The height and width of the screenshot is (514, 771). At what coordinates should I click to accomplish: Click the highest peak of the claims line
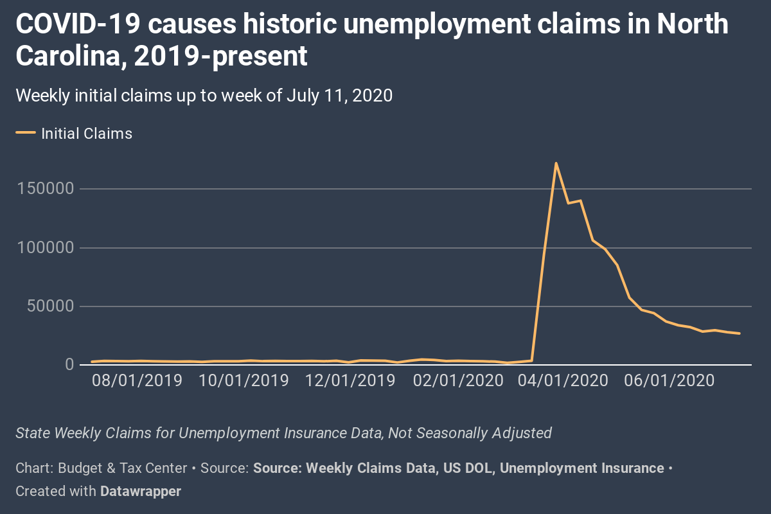556,163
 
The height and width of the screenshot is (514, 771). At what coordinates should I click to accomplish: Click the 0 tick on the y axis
69,365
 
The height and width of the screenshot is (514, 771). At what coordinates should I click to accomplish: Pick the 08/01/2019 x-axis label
137,380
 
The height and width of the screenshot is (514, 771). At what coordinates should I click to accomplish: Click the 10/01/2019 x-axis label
244,380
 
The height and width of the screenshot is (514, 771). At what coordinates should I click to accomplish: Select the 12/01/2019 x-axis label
350,380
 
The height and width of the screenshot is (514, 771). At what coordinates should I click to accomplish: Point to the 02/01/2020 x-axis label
458,380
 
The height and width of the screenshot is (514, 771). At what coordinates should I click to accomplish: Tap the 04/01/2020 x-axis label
563,380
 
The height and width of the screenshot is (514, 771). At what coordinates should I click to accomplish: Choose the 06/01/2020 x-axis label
670,380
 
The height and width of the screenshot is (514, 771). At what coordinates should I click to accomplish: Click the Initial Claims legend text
87,134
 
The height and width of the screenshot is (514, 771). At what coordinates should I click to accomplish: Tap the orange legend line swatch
26,134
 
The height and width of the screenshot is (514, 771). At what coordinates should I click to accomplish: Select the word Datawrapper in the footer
141,492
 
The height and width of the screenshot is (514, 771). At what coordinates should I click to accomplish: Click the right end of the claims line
740,333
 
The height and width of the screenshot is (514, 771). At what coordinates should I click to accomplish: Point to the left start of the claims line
93,362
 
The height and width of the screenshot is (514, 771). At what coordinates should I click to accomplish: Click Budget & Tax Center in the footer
123,468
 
